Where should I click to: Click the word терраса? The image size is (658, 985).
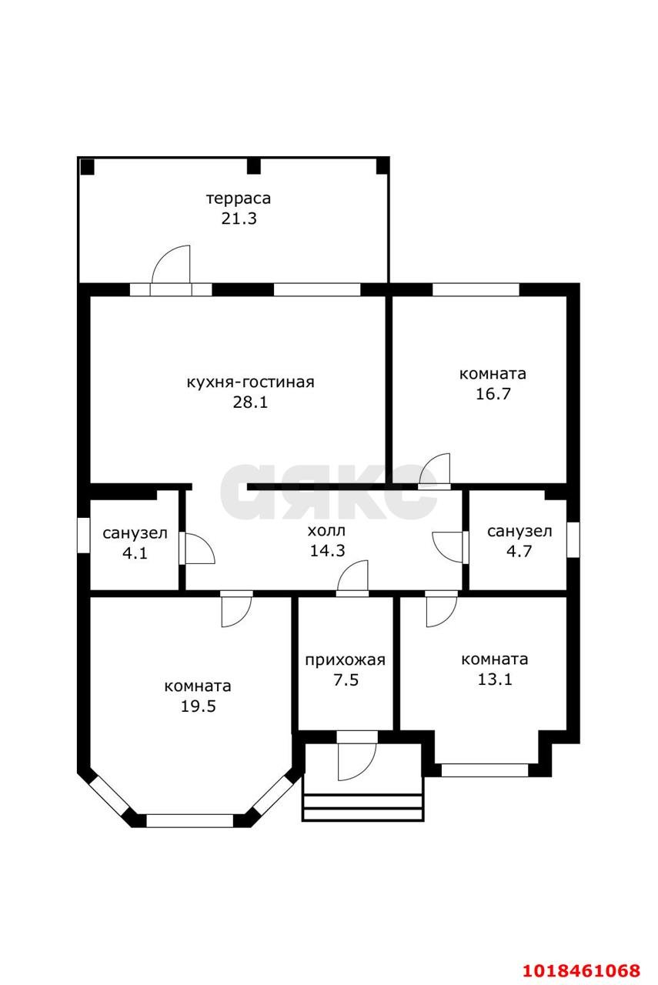pos(239,199)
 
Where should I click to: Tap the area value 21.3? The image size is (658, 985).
pos(239,219)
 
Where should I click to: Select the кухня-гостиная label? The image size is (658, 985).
pos(250,382)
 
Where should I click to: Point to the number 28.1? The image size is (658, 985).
pos(250,402)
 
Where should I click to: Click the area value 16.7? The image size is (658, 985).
pos(493,393)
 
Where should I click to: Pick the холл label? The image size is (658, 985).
pos(326,531)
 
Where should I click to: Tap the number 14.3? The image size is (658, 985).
pos(327,550)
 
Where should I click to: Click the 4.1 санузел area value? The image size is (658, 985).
pos(135,553)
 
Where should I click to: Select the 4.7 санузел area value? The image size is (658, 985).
pos(519,551)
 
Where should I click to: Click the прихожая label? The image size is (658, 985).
pos(345,660)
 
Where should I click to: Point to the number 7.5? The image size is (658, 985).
pos(346,679)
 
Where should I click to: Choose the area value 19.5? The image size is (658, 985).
pos(198,706)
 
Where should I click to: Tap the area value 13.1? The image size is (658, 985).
pos(494,679)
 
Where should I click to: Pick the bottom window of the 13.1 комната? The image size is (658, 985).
pos(485,770)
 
